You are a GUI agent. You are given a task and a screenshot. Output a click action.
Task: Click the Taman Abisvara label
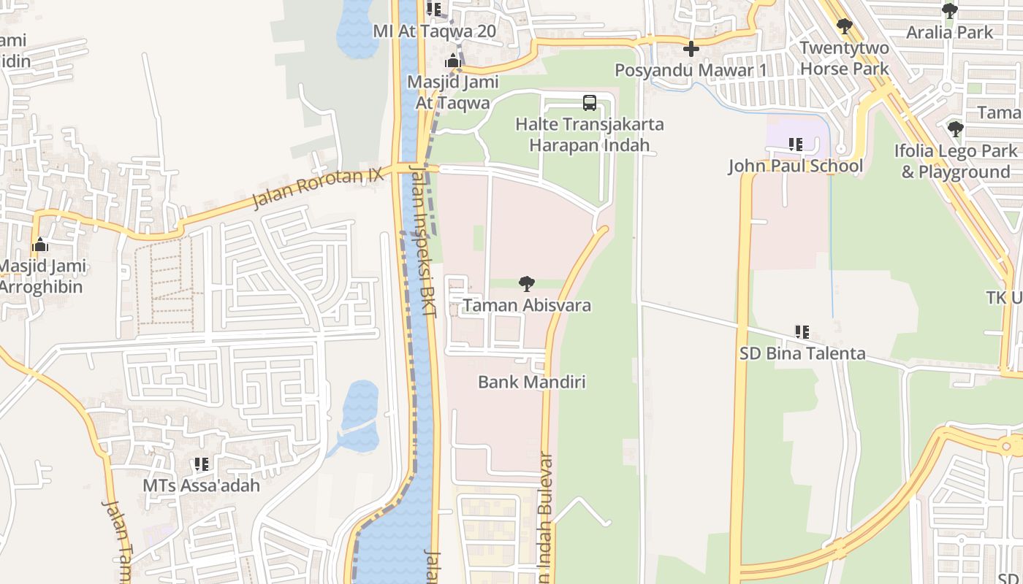pyautogui.click(x=527, y=305)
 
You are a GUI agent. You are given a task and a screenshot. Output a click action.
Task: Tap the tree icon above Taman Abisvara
pyautogui.click(x=526, y=284)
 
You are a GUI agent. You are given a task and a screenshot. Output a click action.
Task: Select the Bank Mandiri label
pyautogui.click(x=532, y=382)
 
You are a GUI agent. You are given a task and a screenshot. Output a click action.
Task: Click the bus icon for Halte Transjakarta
pyautogui.click(x=589, y=103)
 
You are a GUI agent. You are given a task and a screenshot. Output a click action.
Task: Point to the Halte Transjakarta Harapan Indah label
pyautogui.click(x=590, y=134)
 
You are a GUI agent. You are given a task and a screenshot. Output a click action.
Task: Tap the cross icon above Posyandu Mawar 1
pyautogui.click(x=691, y=50)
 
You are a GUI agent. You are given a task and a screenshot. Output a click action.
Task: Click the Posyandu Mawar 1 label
pyautogui.click(x=691, y=70)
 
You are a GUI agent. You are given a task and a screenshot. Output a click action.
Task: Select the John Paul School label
pyautogui.click(x=795, y=166)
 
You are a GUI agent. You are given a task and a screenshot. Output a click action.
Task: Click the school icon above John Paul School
pyautogui.click(x=795, y=145)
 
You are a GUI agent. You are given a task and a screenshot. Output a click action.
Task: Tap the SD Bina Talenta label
pyautogui.click(x=802, y=353)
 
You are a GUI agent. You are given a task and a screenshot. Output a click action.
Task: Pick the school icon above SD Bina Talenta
pyautogui.click(x=802, y=332)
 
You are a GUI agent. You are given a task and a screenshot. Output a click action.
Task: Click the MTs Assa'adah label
pyautogui.click(x=201, y=485)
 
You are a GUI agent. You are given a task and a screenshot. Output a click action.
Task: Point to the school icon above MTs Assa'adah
pyautogui.click(x=201, y=464)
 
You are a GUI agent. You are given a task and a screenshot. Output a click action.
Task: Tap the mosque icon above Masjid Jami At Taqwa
pyautogui.click(x=453, y=61)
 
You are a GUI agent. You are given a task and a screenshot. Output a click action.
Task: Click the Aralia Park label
pyautogui.click(x=949, y=32)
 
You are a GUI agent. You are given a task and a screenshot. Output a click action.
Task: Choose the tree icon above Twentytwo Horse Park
pyautogui.click(x=844, y=27)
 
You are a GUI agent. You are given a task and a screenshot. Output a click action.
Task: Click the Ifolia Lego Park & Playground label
pyautogui.click(x=955, y=161)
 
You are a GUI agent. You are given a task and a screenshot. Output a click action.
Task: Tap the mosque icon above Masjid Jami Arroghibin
pyautogui.click(x=40, y=245)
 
